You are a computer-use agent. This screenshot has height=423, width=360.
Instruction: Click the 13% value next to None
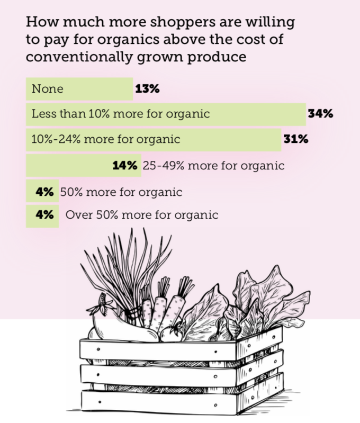coord(147,89)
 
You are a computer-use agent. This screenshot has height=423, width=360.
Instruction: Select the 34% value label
coord(321,114)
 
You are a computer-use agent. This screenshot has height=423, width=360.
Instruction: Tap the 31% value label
coord(296,139)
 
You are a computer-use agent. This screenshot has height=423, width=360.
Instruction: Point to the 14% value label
coord(125,165)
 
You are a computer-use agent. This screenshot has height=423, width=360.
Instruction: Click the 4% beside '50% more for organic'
coord(44,192)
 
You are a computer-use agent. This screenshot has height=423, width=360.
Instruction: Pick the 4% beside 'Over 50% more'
coord(44,215)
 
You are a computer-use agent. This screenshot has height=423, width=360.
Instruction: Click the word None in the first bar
coord(48,89)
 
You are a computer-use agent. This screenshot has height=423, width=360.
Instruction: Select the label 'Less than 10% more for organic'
coord(121,114)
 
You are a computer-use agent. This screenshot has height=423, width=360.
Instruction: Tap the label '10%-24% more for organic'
coord(106,139)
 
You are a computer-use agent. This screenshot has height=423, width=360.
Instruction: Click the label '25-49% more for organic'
coord(213,166)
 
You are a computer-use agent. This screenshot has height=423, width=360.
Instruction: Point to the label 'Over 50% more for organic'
coord(142,215)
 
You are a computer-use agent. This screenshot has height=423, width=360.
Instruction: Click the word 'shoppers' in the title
coord(183,22)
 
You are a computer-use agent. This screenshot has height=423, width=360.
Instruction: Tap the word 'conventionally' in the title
coord(79,57)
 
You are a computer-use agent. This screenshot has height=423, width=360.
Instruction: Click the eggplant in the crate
coord(121,328)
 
